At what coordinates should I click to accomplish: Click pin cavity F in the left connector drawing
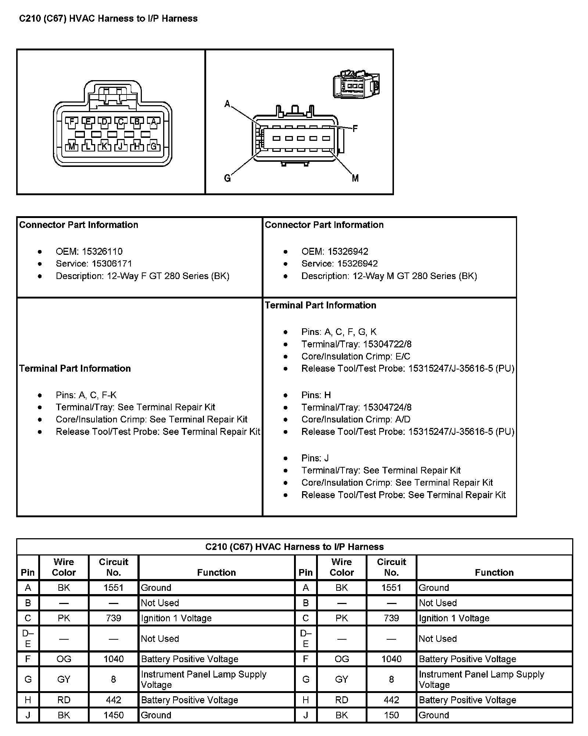[x=72, y=122]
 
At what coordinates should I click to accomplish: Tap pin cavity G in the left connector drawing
[x=153, y=146]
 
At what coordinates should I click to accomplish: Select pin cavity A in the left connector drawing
[x=153, y=122]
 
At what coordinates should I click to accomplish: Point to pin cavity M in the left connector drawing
[x=72, y=146]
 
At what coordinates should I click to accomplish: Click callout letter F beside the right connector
[x=355, y=129]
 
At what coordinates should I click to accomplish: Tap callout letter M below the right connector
[x=355, y=178]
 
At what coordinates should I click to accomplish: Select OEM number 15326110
[x=102, y=251]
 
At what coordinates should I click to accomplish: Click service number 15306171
[x=112, y=264]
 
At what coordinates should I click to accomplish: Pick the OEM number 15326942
[x=348, y=251]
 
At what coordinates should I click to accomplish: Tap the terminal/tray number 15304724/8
[x=387, y=407]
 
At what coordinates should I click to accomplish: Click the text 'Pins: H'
[x=316, y=395]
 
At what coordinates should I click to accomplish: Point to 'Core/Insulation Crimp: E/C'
[x=356, y=356]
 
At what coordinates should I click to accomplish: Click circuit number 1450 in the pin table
[x=114, y=715]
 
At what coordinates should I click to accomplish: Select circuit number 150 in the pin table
[x=391, y=715]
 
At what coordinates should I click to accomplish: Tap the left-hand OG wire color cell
[x=64, y=659]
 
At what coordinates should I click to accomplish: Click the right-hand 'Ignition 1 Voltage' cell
[x=454, y=618]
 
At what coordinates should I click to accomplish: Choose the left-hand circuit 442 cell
[x=114, y=700]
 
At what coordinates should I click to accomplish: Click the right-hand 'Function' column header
[x=494, y=572]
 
